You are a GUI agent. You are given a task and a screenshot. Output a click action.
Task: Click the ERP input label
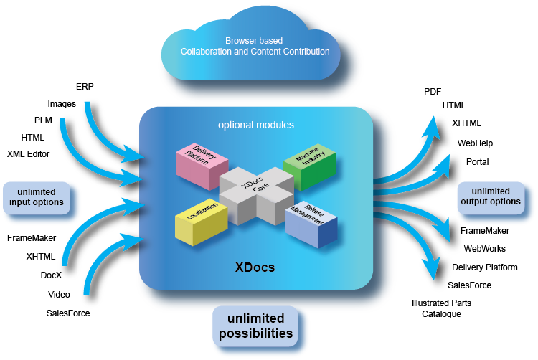point(85,87)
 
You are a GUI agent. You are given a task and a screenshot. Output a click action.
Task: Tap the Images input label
point(62,104)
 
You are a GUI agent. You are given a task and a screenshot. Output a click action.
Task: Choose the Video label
point(59,294)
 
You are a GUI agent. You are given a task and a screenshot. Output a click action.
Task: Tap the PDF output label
point(433,92)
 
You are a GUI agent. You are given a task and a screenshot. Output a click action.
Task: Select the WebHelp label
point(476,143)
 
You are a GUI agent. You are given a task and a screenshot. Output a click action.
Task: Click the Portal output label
point(477,161)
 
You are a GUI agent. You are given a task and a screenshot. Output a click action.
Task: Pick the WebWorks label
point(484,249)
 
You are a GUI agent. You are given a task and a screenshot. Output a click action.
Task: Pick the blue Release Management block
point(311,225)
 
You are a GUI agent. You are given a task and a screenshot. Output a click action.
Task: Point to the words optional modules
point(256,125)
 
